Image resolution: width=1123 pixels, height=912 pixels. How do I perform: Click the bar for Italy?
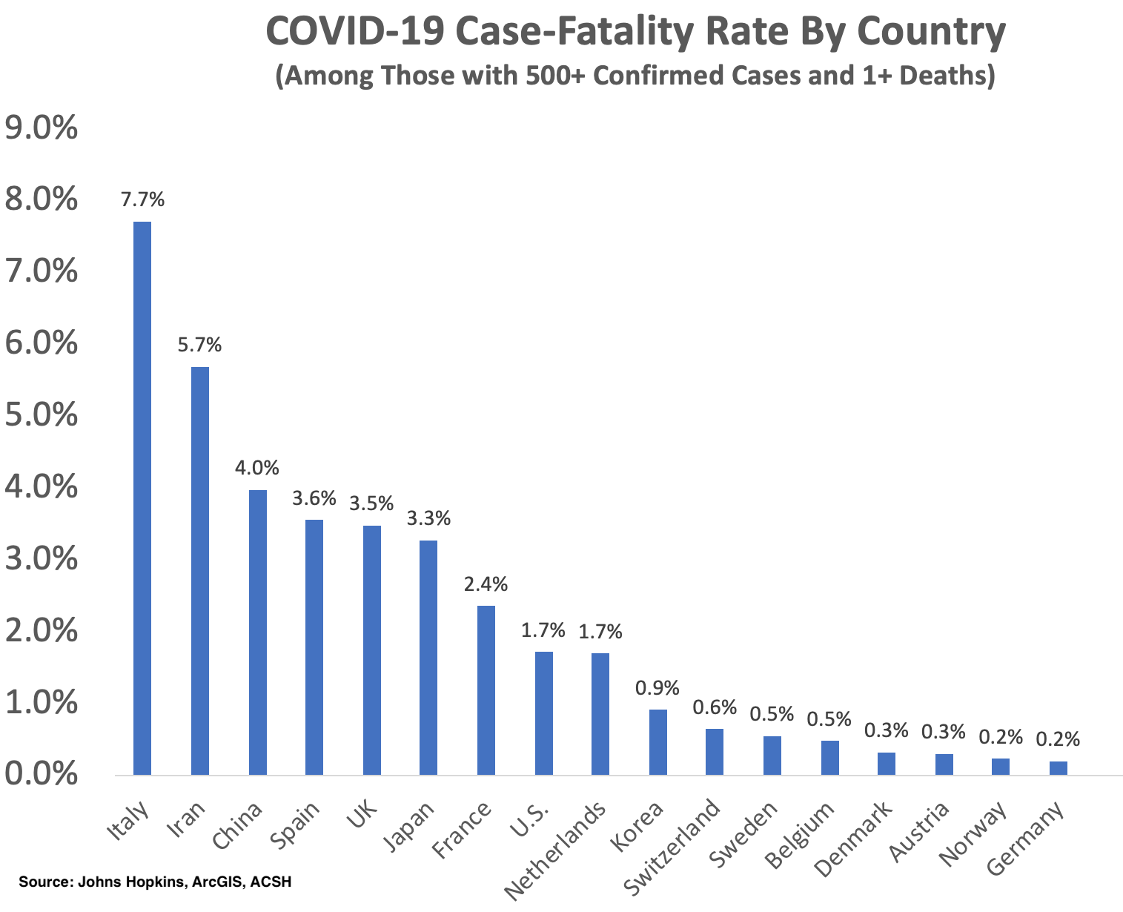click(142, 498)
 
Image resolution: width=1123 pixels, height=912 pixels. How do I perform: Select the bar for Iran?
click(200, 571)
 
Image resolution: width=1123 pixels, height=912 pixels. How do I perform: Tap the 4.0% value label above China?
click(257, 469)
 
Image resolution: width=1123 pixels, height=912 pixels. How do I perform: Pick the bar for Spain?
click(314, 647)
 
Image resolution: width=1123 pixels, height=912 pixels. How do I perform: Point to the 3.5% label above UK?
click(372, 504)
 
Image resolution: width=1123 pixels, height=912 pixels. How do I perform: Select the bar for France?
click(486, 690)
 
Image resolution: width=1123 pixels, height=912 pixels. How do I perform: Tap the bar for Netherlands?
click(600, 714)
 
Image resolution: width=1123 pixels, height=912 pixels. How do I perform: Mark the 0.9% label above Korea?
click(657, 688)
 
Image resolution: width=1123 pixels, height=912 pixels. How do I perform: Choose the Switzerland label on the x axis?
click(673, 846)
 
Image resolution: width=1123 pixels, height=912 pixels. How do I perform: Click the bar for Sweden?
click(772, 756)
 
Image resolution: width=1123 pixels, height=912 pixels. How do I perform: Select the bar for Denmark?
click(887, 764)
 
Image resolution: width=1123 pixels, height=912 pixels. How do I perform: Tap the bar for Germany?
click(1059, 768)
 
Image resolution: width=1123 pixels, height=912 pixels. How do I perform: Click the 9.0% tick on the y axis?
click(42, 130)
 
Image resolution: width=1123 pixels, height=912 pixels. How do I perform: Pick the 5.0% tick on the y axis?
click(42, 416)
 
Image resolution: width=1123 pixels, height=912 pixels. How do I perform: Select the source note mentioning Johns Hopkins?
click(155, 882)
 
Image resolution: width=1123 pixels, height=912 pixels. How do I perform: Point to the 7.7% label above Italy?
click(143, 200)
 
